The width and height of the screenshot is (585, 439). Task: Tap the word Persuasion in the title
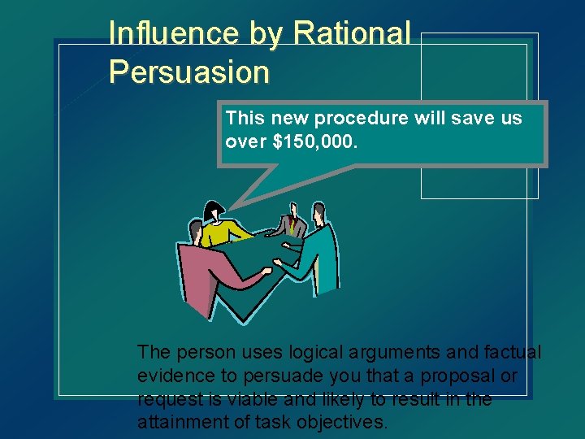[x=188, y=72]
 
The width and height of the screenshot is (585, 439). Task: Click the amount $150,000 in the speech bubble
[x=316, y=141]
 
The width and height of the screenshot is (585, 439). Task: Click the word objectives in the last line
[x=348, y=422]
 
